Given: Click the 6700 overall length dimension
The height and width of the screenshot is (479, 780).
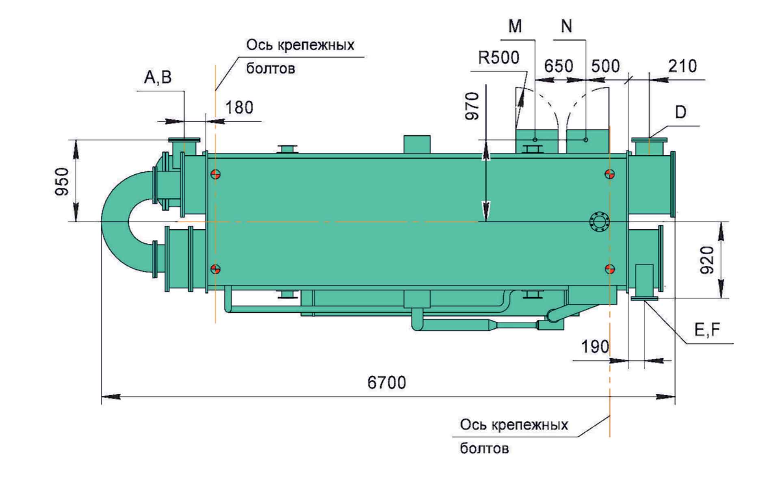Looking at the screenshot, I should click(x=386, y=383).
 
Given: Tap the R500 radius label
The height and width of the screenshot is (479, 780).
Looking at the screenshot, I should click(x=498, y=58).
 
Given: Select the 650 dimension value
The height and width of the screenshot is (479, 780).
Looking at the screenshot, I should click(x=559, y=66).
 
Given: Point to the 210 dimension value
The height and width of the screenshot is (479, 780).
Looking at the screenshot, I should click(x=682, y=66).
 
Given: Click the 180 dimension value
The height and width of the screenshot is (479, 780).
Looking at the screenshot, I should click(x=239, y=108).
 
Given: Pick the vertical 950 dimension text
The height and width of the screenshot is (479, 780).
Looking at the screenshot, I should click(x=63, y=181).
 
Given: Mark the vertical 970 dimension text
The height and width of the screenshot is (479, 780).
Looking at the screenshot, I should click(x=472, y=106).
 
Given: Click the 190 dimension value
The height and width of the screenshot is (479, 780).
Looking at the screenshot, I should click(x=595, y=347).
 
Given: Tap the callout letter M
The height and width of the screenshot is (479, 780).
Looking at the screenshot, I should click(x=515, y=26).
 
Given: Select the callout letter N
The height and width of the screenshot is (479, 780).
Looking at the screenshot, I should click(x=566, y=26).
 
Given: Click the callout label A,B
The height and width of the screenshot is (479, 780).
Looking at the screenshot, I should click(x=158, y=77).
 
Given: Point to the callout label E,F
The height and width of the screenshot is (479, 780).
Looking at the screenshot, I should click(x=707, y=330).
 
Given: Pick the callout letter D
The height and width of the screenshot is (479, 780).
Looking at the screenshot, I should click(x=680, y=112).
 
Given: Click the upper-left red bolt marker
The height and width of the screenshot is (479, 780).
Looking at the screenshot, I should click(x=215, y=175).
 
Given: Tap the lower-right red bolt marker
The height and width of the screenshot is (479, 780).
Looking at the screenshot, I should click(x=609, y=269).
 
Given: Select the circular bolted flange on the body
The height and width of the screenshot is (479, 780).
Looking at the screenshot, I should click(x=599, y=222).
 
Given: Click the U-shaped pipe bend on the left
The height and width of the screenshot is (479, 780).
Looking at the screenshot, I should click(x=118, y=221).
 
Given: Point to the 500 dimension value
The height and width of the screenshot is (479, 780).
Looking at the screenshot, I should click(x=605, y=66).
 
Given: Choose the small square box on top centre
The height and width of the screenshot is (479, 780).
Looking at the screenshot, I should click(x=417, y=144).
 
